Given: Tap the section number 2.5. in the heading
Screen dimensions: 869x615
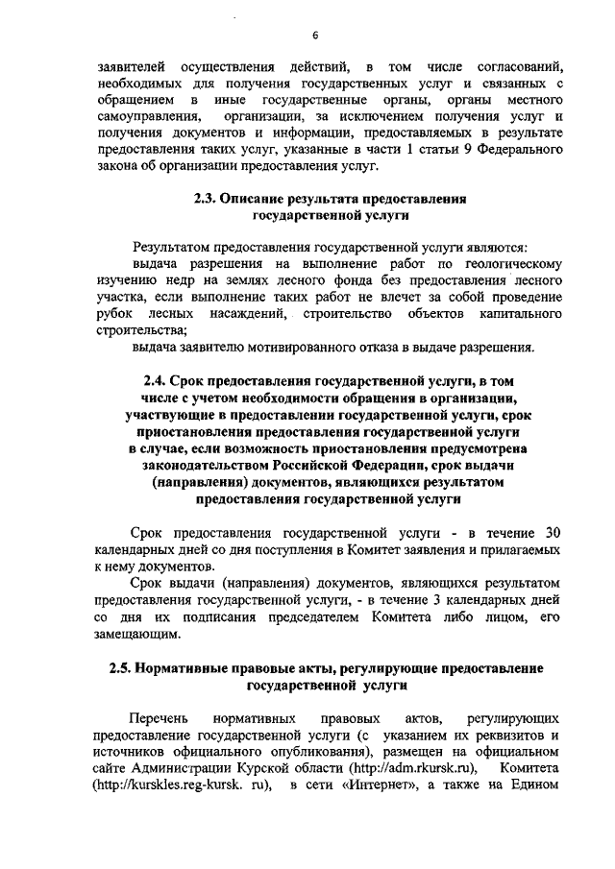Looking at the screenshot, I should (127, 666).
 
